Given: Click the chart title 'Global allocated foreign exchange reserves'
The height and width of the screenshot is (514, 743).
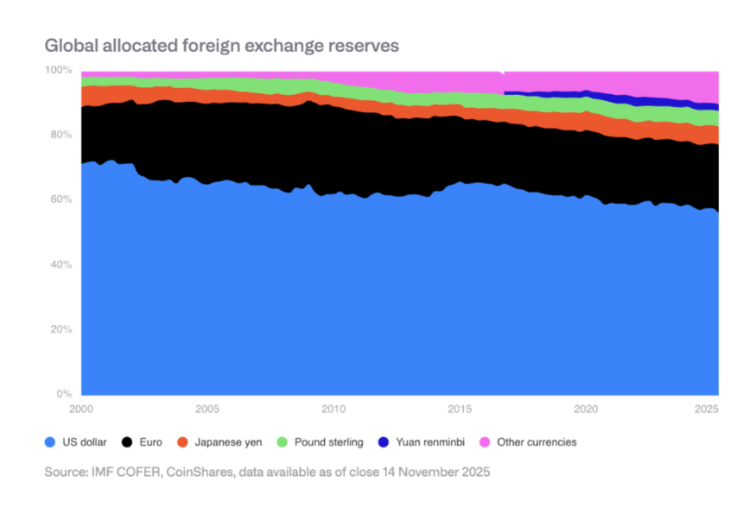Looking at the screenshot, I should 221,46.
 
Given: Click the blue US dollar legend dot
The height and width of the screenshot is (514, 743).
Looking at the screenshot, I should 50,442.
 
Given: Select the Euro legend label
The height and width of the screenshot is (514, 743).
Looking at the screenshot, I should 149,442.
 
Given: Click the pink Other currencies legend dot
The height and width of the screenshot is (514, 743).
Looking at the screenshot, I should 484,442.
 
